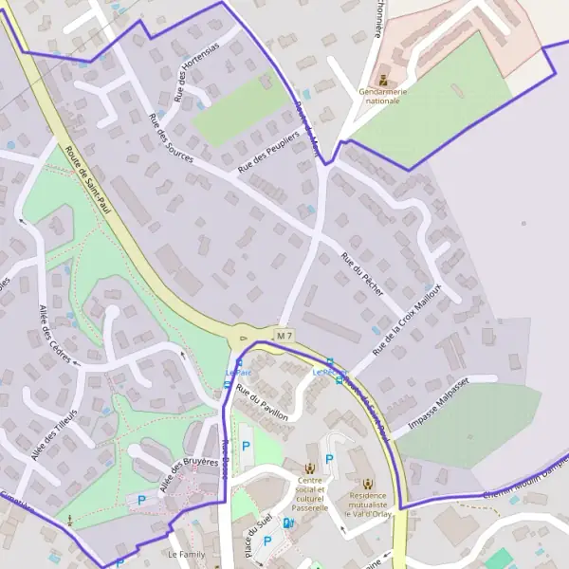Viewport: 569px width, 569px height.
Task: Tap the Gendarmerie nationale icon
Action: click(383, 80)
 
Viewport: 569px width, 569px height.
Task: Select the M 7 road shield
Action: click(285, 336)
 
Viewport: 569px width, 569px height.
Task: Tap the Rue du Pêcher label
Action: click(362, 274)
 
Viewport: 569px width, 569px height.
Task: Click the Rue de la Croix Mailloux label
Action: click(409, 322)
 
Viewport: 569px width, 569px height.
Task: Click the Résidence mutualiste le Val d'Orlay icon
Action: click(367, 483)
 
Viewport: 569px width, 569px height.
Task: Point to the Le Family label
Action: click(186, 553)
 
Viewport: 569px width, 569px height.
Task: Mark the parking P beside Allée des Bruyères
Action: click(142, 499)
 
